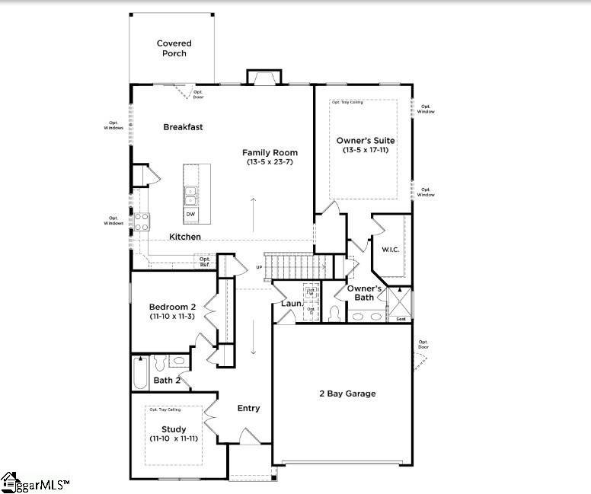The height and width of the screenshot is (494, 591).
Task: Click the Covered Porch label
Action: (174, 49)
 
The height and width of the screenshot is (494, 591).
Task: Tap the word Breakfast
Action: (183, 127)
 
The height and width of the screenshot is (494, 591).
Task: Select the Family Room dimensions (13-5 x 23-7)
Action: (270, 162)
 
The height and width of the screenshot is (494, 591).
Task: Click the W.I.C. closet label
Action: (391, 249)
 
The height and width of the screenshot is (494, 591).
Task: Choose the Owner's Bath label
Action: (364, 292)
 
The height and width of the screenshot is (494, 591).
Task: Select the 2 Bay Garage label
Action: (347, 394)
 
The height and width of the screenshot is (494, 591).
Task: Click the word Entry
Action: (248, 408)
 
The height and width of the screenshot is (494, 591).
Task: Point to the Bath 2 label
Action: (167, 380)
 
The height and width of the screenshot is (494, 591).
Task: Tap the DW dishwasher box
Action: (190, 215)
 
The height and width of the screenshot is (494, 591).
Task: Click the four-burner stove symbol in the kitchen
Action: (142, 221)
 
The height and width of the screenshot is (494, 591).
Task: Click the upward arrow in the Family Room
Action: (253, 212)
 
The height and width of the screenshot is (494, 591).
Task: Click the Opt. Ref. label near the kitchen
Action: (205, 261)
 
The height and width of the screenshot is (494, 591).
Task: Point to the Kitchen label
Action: (185, 237)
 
